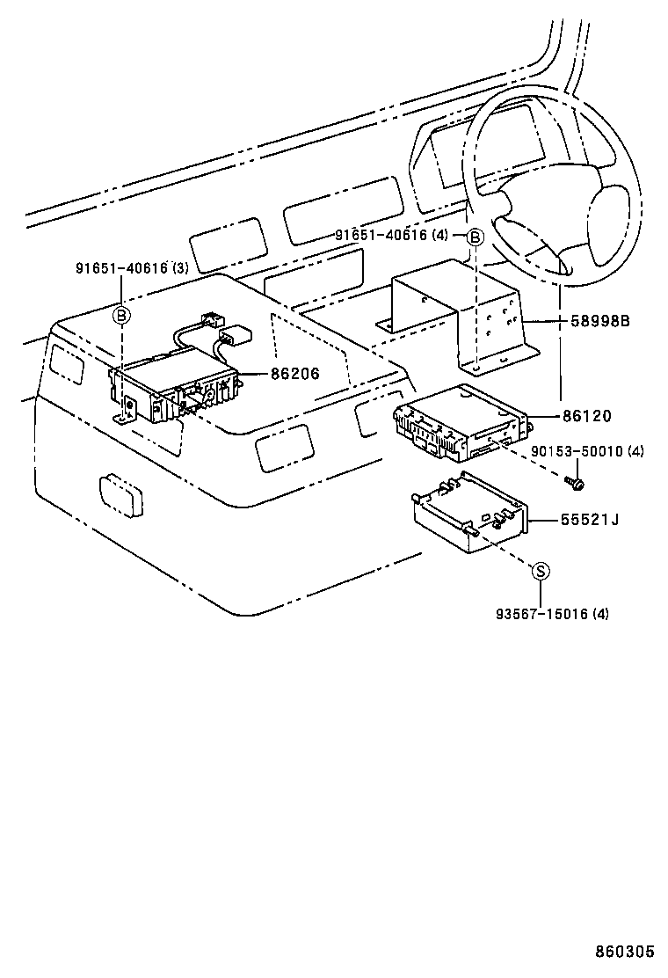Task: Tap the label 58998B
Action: pos(601,322)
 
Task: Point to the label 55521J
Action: pos(590,520)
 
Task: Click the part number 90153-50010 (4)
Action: pos(587,451)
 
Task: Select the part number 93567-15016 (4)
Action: pos(550,614)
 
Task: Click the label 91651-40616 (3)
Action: pos(131,269)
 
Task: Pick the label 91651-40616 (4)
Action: pos(392,235)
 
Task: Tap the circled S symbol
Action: pos(542,572)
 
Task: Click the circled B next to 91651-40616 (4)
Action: pos(474,236)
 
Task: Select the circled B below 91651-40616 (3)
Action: pos(122,314)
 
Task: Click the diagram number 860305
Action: pos(625,952)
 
